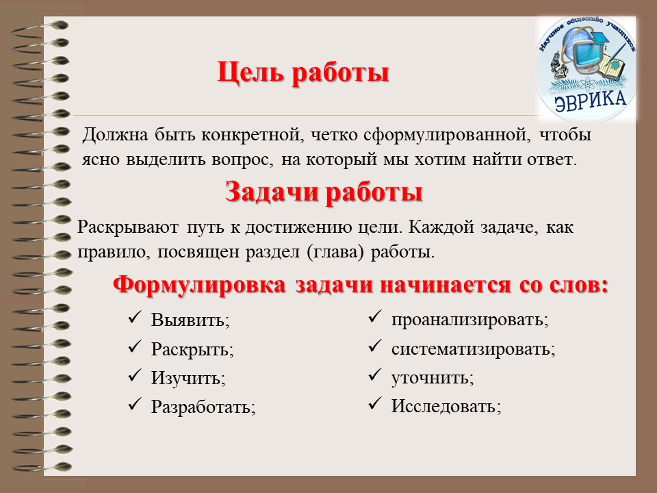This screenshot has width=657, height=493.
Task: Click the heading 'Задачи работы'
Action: pyautogui.click(x=324, y=193)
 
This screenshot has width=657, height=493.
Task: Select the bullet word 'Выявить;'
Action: pyautogui.click(x=191, y=320)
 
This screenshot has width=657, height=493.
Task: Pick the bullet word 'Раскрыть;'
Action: pyautogui.click(x=192, y=349)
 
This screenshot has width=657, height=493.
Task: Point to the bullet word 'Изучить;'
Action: pyautogui.click(x=188, y=378)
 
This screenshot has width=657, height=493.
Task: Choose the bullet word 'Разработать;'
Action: pyautogui.click(x=203, y=407)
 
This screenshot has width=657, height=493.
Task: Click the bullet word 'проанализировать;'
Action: pyautogui.click(x=469, y=320)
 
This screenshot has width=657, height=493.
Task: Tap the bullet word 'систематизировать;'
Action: pyautogui.click(x=474, y=349)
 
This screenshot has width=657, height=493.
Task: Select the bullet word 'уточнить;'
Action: pyautogui.click(x=433, y=378)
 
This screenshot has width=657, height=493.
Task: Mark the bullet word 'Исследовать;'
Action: pyautogui.click(x=446, y=406)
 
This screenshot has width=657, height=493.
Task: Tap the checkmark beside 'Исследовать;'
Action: pyautogui.click(x=374, y=404)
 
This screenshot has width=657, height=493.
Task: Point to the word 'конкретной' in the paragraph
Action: pyautogui.click(x=253, y=135)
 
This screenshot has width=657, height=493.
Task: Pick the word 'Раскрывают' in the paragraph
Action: pyautogui.click(x=128, y=227)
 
